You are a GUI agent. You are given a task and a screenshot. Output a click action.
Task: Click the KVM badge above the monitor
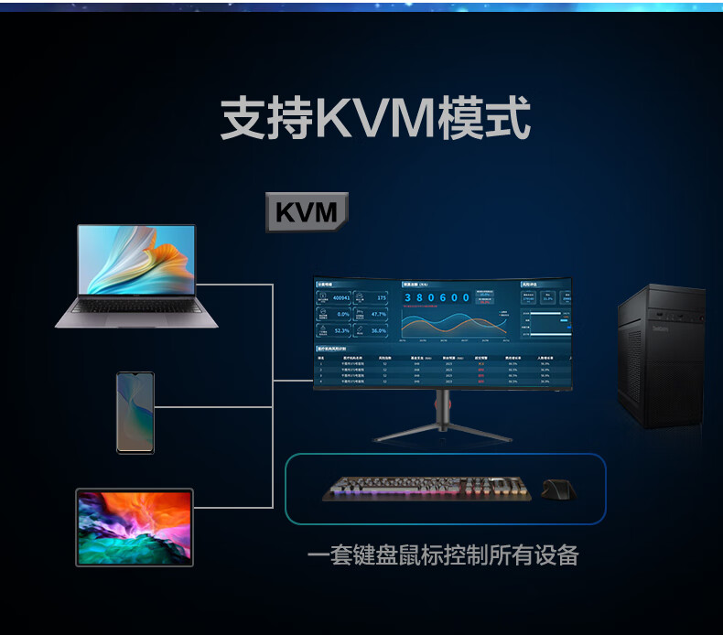click(x=307, y=212)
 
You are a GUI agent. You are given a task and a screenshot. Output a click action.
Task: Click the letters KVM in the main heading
click(x=374, y=121)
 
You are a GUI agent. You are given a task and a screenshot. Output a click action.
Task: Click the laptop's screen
click(x=136, y=259)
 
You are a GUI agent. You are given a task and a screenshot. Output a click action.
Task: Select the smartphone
click(x=135, y=412)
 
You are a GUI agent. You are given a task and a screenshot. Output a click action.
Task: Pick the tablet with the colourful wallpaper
click(x=135, y=527)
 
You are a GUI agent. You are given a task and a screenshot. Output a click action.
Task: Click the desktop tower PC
click(x=661, y=356)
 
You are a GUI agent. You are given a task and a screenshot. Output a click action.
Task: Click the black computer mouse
click(x=558, y=490)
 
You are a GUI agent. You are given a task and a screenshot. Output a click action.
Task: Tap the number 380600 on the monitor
click(x=437, y=298)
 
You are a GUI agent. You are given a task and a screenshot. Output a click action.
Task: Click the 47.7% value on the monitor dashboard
click(x=378, y=314)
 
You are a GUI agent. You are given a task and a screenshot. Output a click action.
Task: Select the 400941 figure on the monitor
click(x=340, y=298)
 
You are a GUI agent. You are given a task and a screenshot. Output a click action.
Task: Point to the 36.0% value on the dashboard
click(x=378, y=330)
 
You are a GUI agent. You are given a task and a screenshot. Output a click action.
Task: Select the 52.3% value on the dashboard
click(x=340, y=330)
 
